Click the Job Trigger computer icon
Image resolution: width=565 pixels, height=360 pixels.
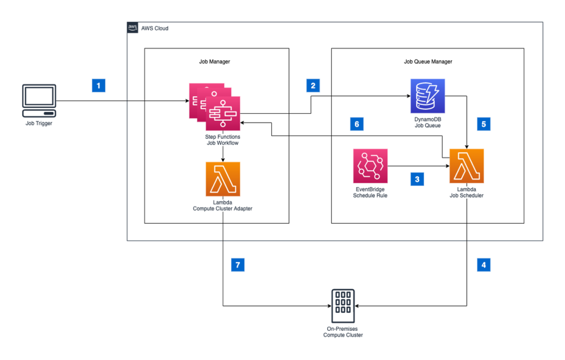pyautogui.click(x=39, y=100)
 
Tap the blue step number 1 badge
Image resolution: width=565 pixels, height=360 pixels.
pyautogui.click(x=98, y=86)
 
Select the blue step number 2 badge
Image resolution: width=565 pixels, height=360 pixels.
pyautogui.click(x=313, y=86)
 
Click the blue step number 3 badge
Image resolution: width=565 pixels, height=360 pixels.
pyautogui.click(x=417, y=179)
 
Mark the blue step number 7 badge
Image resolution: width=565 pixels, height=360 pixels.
pyautogui.click(x=237, y=264)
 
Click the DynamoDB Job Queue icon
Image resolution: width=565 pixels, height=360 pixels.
pyautogui.click(x=428, y=96)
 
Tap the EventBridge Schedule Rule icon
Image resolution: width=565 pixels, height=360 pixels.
pyautogui.click(x=370, y=166)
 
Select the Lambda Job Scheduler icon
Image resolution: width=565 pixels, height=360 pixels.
pyautogui.click(x=467, y=166)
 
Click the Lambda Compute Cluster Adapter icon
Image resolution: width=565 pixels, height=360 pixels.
pyautogui.click(x=222, y=179)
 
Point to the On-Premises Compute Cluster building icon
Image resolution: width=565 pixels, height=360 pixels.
pyautogui.click(x=343, y=306)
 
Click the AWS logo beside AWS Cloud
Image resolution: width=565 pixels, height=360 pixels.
pyautogui.click(x=133, y=28)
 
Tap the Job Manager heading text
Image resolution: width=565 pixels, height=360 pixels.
pyautogui.click(x=215, y=62)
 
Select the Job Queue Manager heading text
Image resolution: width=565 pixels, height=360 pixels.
pyautogui.click(x=428, y=62)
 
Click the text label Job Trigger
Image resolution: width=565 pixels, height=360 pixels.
pyautogui.click(x=39, y=124)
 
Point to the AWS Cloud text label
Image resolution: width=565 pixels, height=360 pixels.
pyautogui.click(x=155, y=28)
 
